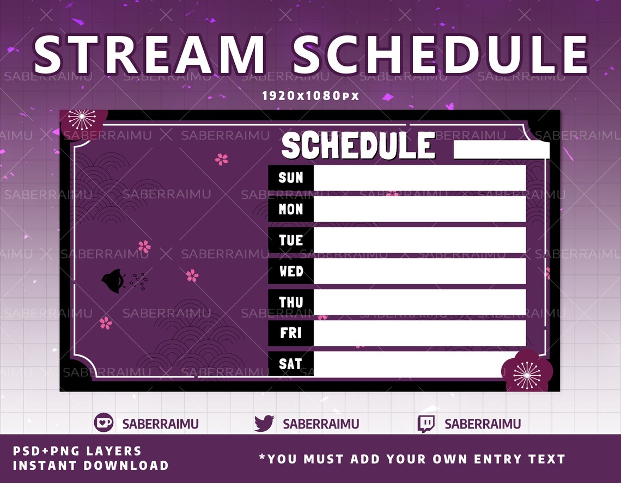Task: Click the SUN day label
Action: [291, 178]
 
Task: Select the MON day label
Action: [291, 209]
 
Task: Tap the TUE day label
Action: [291, 240]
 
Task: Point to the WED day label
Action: [291, 271]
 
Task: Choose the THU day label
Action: [291, 302]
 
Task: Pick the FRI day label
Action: [291, 333]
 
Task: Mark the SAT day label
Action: [291, 364]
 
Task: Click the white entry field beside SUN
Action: [419, 178]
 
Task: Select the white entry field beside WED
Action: [419, 271]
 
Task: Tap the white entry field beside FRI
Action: [419, 333]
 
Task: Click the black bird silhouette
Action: [113, 281]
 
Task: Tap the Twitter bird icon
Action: [264, 423]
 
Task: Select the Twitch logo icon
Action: [426, 423]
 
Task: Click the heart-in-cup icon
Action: [103, 423]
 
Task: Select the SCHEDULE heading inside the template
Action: [358, 146]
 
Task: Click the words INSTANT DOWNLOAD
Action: [90, 466]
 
